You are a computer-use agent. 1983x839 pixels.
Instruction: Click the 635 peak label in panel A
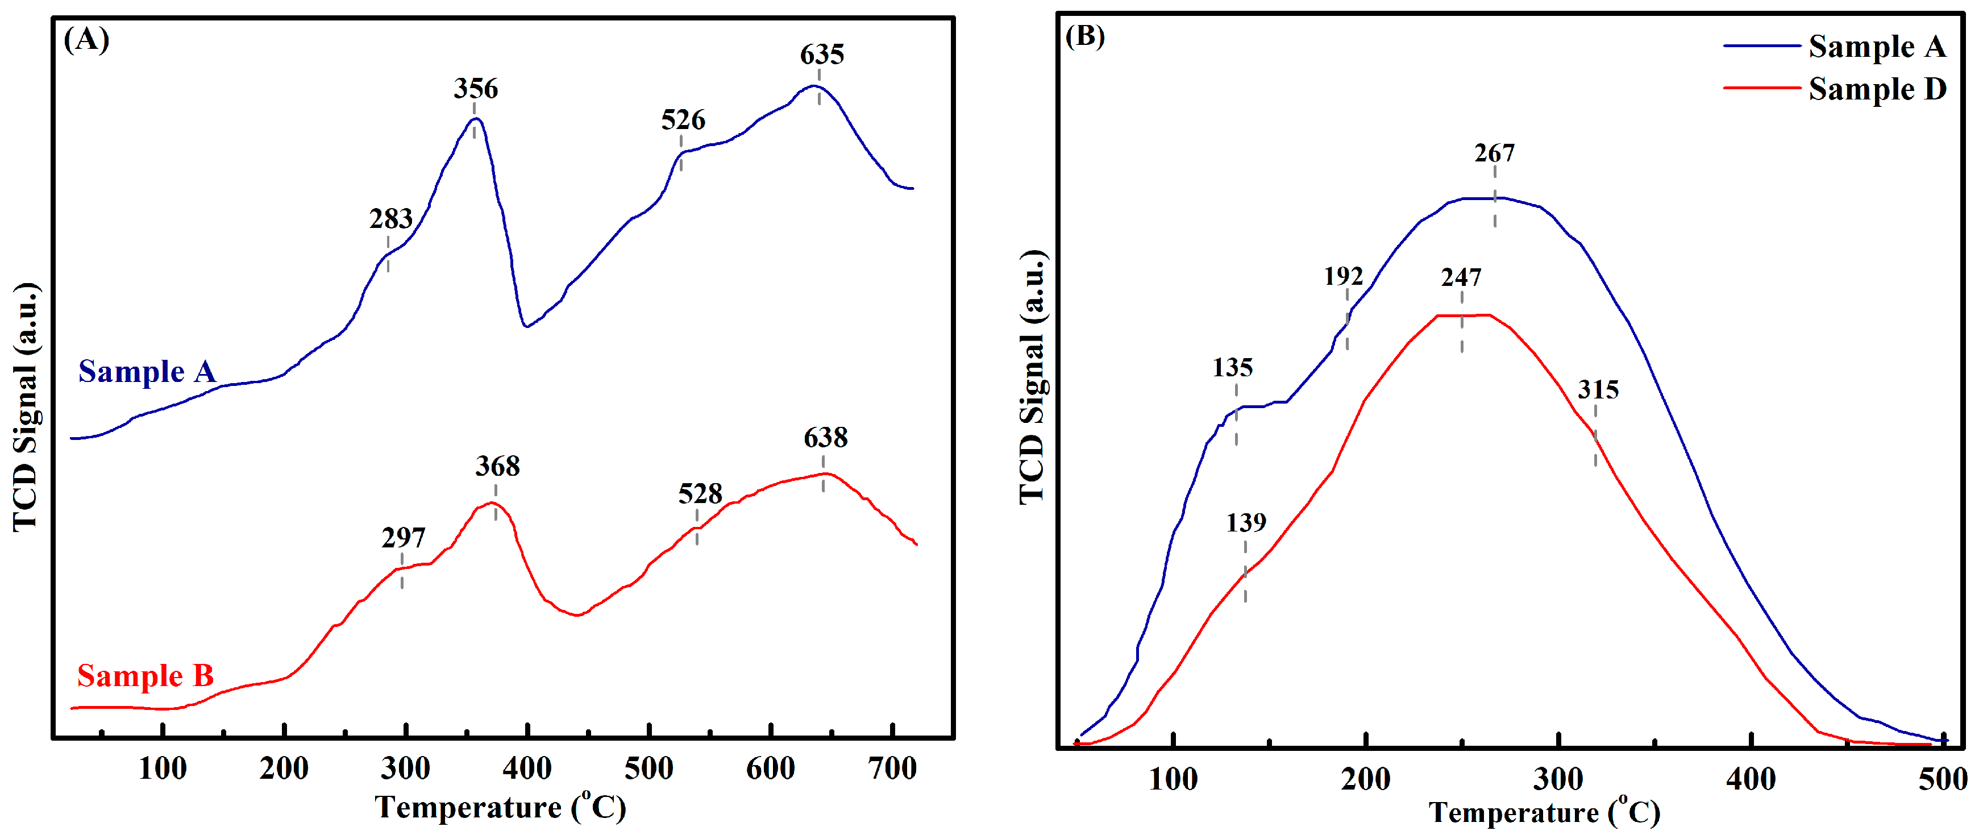coord(821,55)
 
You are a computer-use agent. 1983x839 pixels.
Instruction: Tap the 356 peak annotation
coord(475,89)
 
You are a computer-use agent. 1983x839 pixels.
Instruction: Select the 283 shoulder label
coord(391,219)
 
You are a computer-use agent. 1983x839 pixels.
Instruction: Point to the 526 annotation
coord(683,120)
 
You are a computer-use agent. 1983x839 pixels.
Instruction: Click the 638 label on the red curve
coord(825,438)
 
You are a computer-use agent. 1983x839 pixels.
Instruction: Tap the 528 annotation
coord(700,493)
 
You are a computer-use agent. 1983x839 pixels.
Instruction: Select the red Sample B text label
coord(145,676)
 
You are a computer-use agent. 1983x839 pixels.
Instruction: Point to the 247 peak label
coord(1460,277)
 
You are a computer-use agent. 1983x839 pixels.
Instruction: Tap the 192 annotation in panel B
coord(1343,276)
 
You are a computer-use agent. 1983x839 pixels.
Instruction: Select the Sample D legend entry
coord(1876,89)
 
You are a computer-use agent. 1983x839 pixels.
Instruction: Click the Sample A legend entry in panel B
coord(1876,47)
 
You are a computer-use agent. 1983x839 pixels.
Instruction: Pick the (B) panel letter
coord(1084,36)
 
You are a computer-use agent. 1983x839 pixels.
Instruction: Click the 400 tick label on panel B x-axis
coord(1751,780)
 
